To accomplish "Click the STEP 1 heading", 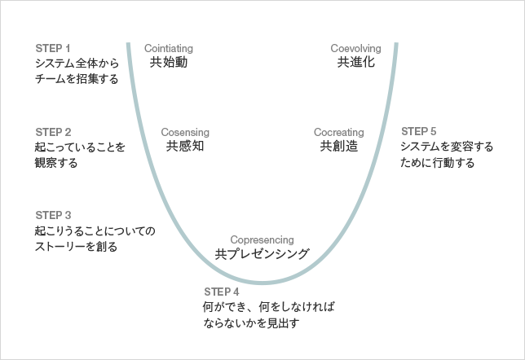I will [53, 47].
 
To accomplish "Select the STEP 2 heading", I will [54, 131].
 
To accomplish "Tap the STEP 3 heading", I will [54, 215].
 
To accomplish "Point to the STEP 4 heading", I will [221, 292].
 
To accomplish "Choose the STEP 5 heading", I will [419, 131].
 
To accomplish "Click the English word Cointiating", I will [168, 48].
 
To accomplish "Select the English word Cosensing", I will [185, 132].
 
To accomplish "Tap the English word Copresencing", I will [262, 239].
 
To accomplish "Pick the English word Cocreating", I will [339, 132].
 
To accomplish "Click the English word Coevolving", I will [356, 48].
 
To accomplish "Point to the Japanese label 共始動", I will [169, 63].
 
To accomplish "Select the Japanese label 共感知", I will [185, 147].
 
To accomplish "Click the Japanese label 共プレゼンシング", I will [262, 254].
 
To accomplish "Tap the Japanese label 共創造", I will [339, 147].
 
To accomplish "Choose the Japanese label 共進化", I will [356, 63].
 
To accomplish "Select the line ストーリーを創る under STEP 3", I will [77, 247].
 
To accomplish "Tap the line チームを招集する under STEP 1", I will [77, 79].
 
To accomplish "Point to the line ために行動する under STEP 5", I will [438, 163].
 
